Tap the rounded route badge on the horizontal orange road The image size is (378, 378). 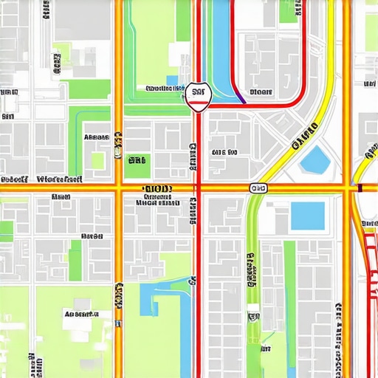pyautogui.click(x=258, y=189)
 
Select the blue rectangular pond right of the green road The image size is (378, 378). pyautogui.click(x=307, y=216)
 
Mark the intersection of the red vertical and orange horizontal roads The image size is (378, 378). pyautogui.click(x=197, y=189)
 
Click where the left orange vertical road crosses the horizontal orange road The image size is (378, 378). pyautogui.click(x=118, y=189)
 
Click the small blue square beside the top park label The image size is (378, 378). pyautogui.click(x=172, y=80)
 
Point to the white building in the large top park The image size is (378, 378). pyautogui.click(x=178, y=53)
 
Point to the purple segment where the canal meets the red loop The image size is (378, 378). pyautogui.click(x=240, y=96)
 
